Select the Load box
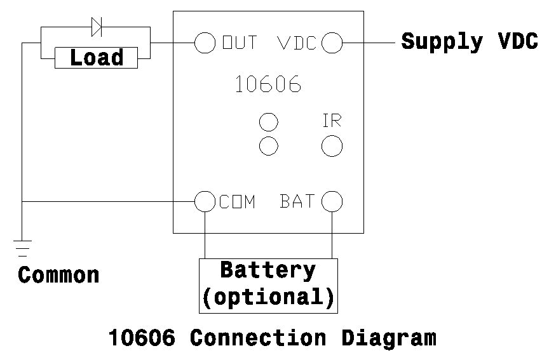(97, 58)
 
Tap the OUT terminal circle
(205, 43)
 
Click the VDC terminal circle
(332, 43)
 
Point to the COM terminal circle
(205, 201)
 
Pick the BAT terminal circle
(332, 201)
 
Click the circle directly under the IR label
(332, 146)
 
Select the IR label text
(332, 121)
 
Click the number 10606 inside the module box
(268, 84)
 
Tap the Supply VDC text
(470, 42)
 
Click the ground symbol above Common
(22, 246)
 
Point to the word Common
(58, 276)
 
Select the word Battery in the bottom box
(268, 270)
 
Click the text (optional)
(268, 297)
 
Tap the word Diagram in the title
(389, 338)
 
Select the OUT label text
(240, 43)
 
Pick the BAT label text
(297, 201)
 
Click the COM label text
(237, 202)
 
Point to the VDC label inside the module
(297, 43)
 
